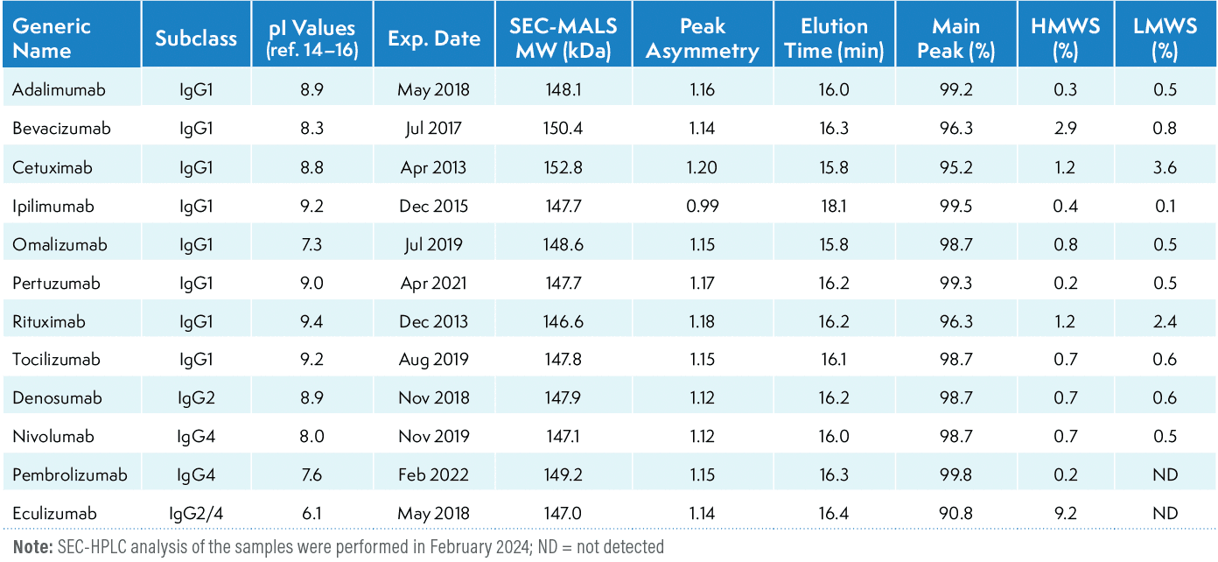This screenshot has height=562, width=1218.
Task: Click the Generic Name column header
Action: click(x=52, y=38)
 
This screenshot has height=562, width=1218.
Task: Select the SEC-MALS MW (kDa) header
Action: click(x=561, y=38)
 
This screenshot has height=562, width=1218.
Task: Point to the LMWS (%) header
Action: click(x=1164, y=38)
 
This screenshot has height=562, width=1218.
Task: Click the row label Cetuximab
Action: click(x=52, y=167)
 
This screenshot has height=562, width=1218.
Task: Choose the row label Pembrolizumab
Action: click(x=70, y=475)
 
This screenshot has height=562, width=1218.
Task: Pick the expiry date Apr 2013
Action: click(x=432, y=167)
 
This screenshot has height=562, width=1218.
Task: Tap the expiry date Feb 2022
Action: click(x=432, y=475)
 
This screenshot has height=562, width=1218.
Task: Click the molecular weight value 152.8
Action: click(x=561, y=167)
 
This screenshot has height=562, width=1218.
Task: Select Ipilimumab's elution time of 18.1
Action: click(x=835, y=207)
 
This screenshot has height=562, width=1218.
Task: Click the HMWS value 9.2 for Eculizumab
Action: click(x=1064, y=514)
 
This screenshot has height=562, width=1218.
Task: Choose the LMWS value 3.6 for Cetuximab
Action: click(x=1164, y=167)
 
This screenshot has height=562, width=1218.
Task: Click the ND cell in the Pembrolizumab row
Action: click(x=1164, y=475)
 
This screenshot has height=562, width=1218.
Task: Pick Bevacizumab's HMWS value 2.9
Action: click(x=1064, y=129)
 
